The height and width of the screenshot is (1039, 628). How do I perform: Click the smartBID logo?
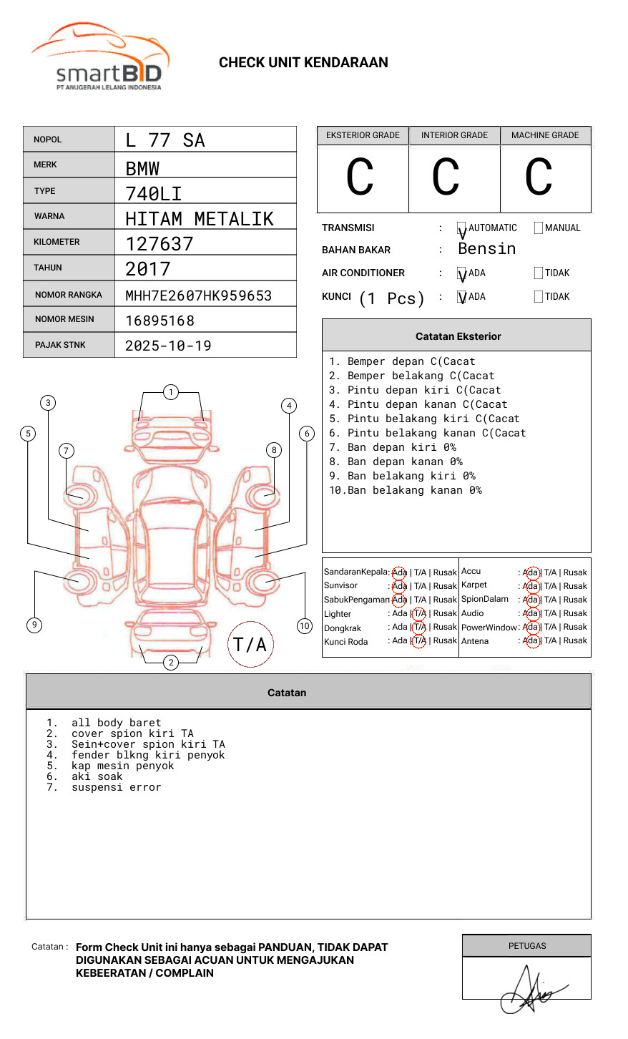(101, 57)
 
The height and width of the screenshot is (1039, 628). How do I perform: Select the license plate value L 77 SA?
(165, 140)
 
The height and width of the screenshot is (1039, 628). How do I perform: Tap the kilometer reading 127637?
(159, 244)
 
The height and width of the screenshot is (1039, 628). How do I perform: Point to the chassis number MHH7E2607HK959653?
(199, 296)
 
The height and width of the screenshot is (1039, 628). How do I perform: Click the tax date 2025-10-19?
(168, 346)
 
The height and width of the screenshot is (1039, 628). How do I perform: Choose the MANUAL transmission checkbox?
(539, 228)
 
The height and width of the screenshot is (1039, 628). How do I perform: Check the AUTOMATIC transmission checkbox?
(461, 228)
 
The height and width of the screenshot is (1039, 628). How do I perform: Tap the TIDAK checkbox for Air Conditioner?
(539, 273)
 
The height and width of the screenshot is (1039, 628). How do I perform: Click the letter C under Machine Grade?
(539, 176)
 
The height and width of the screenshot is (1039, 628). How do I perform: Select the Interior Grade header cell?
(454, 135)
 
